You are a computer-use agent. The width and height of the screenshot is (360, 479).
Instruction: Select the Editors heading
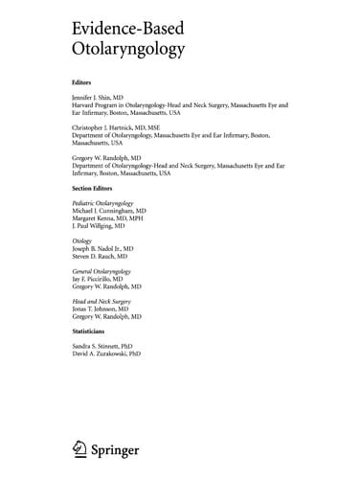(84, 82)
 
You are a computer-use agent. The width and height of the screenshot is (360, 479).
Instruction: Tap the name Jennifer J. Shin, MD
(103, 99)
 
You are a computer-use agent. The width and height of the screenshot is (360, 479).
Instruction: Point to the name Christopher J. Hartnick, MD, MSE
(123, 126)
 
